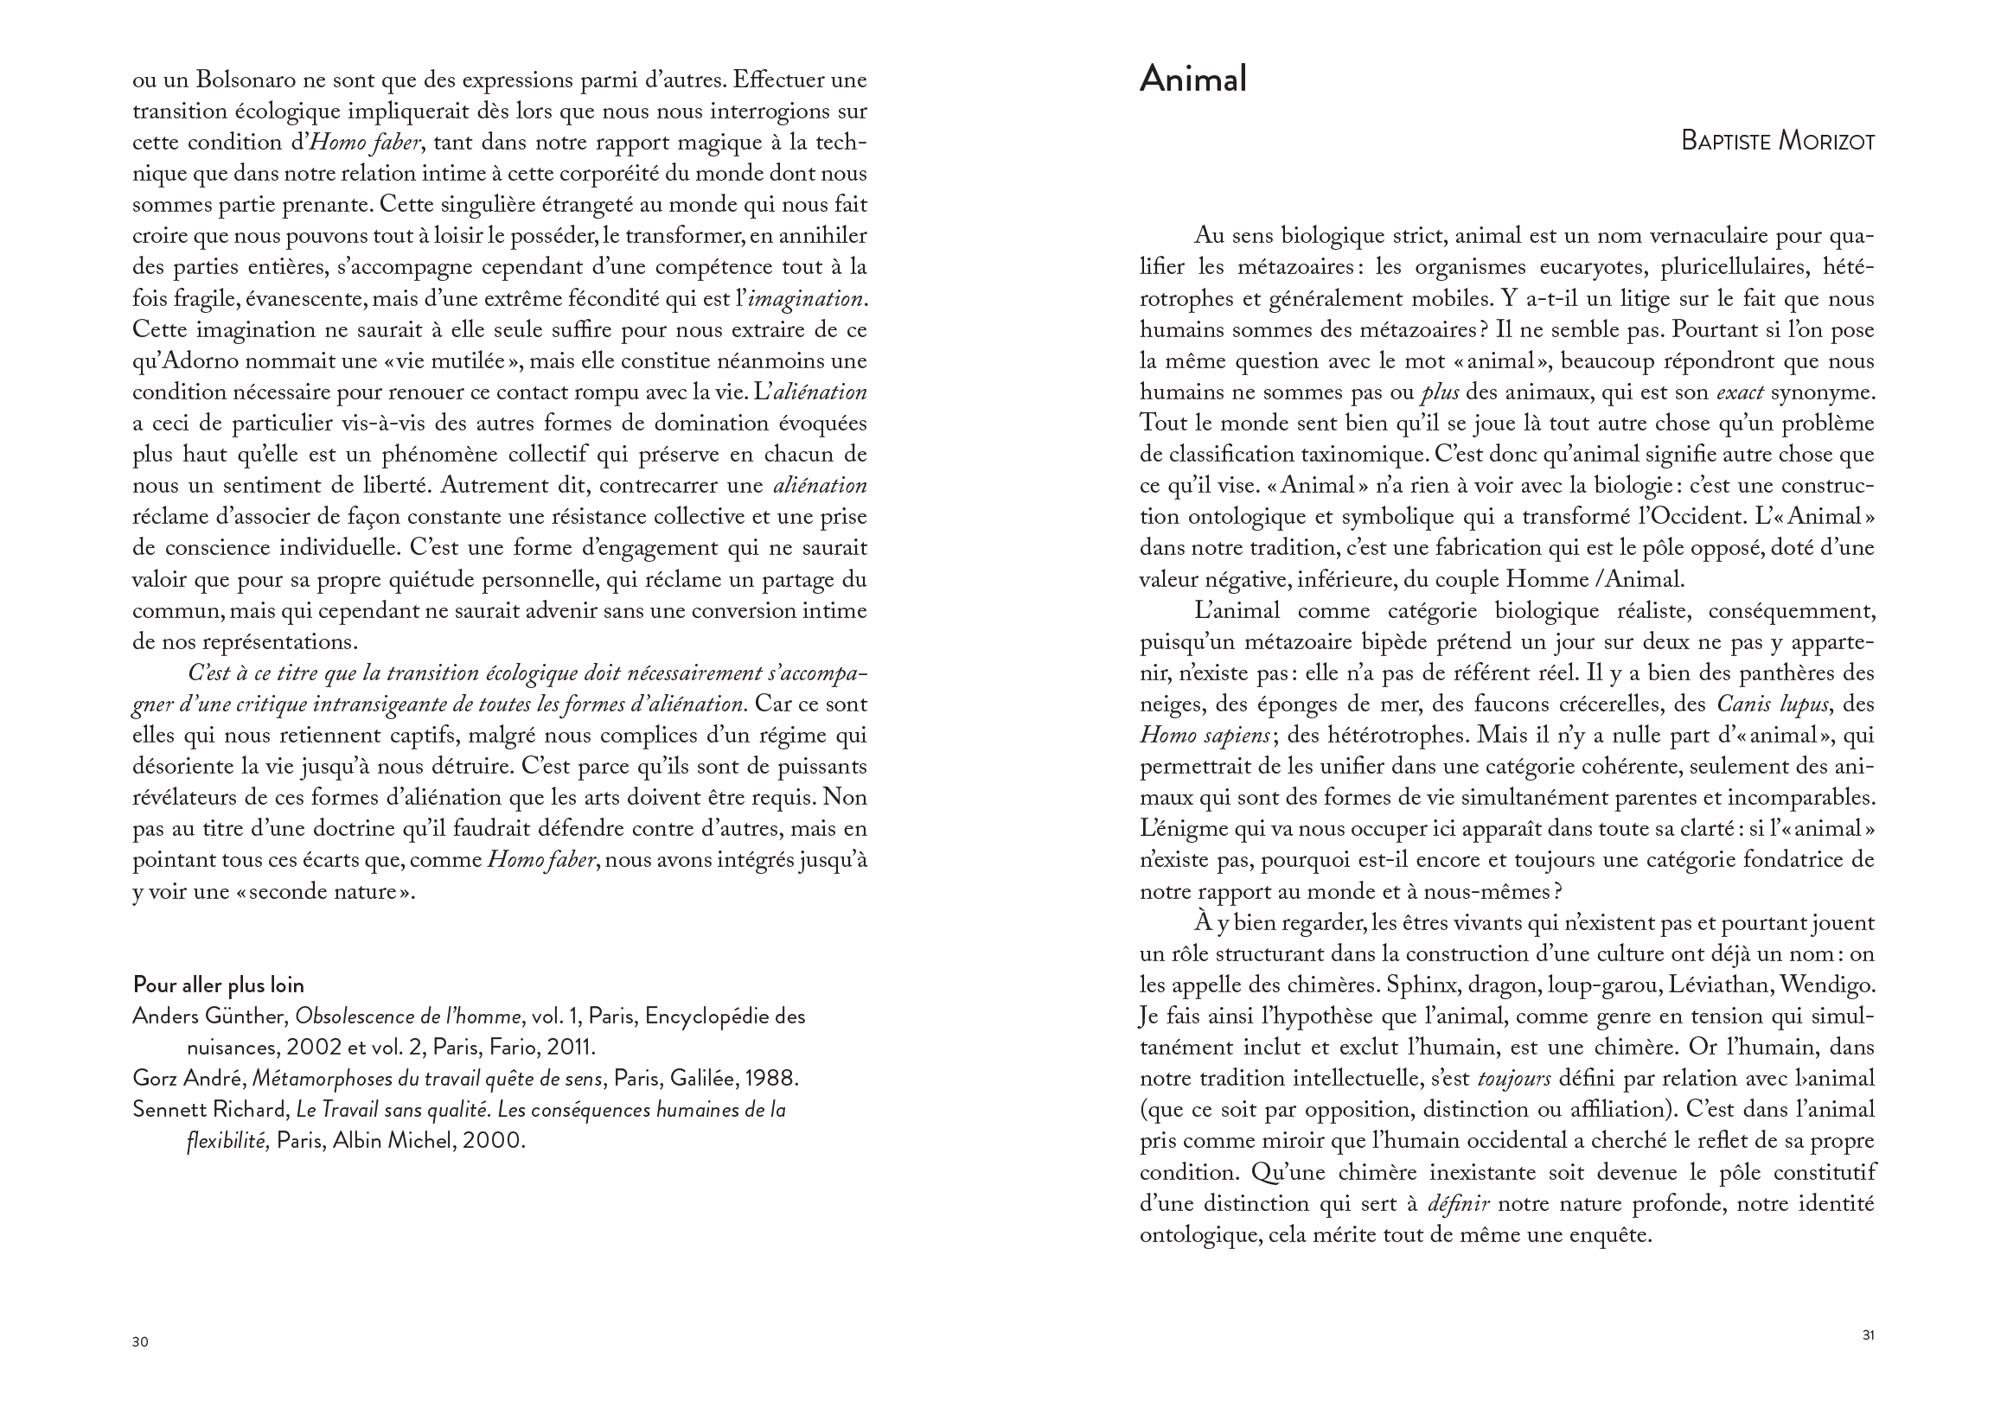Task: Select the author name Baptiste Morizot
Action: (1778, 142)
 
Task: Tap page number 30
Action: (140, 1342)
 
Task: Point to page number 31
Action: (1868, 1335)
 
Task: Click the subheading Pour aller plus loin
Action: (218, 985)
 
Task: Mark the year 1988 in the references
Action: (770, 1079)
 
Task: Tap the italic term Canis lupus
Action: (1765, 704)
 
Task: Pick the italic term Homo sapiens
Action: (1205, 736)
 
